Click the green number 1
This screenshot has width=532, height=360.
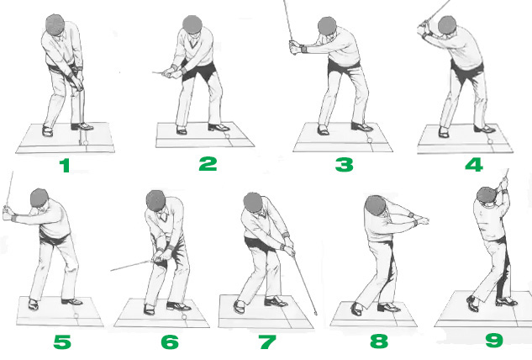65,166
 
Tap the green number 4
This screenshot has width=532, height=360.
474,165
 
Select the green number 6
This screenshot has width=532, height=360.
170,342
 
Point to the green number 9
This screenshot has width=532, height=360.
494,340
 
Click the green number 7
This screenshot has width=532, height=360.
267,342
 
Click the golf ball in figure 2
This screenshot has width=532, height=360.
228,136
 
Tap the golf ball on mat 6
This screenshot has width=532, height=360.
184,317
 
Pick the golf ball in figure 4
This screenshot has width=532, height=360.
490,141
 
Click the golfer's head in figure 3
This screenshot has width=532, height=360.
327,26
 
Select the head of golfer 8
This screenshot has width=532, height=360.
376,205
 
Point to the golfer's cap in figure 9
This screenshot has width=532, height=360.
487,193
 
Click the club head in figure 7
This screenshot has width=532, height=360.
316,313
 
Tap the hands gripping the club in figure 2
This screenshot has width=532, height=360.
169,72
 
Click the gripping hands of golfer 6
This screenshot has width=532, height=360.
160,256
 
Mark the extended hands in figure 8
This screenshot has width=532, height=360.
423,220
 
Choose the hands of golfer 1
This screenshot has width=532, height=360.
77,83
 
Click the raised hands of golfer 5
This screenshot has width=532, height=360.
8,213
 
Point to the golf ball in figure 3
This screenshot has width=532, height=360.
370,140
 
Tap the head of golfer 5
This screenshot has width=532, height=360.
39,199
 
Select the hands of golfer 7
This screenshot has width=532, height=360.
289,250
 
